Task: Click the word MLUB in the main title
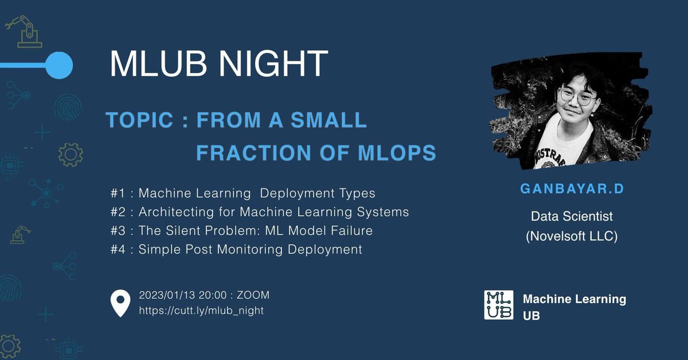tap(155, 64)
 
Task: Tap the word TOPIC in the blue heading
tap(139, 120)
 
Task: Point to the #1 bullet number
tap(118, 193)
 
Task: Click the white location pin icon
tap(120, 304)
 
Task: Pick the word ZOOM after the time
tap(253, 295)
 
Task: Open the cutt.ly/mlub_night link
tap(201, 311)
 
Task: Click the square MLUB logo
tap(499, 305)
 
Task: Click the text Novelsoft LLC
tap(572, 236)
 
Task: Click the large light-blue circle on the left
tap(58, 65)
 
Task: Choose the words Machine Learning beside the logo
tap(574, 299)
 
